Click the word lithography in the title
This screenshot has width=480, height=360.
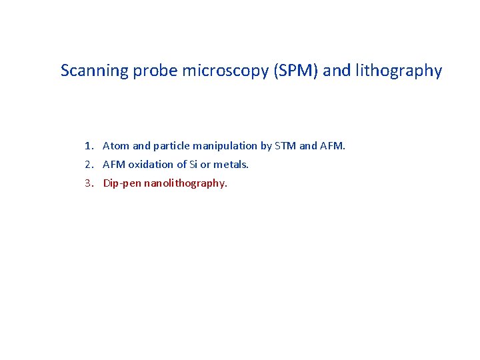pos(401,71)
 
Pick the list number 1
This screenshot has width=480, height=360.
pos(88,145)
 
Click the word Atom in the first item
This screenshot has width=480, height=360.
pos(116,145)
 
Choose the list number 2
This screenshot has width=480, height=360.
pos(88,164)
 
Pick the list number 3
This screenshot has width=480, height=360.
pos(88,183)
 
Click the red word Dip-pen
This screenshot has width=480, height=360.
pos(122,183)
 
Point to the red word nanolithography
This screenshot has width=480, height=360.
pos(185,183)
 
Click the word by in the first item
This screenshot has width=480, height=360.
pos(266,145)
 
